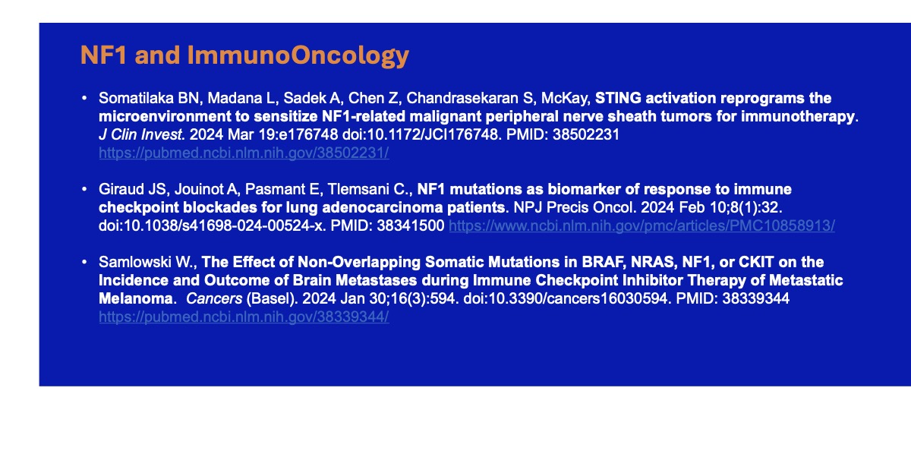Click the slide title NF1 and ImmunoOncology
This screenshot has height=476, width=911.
pos(244,55)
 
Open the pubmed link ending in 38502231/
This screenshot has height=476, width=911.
pos(244,153)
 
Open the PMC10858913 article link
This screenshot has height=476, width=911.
pos(641,225)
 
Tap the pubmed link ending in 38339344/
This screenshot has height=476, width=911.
pos(244,317)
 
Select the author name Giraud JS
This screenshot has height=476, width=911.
pos(128,189)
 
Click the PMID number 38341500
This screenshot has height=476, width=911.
pos(411,225)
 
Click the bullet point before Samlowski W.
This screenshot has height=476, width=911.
pos(84,262)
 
